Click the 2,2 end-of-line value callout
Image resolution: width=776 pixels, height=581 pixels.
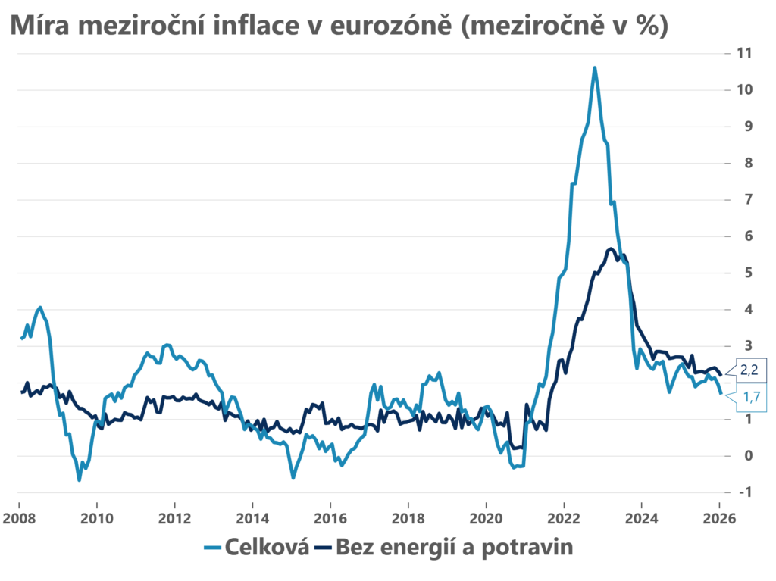tap(749, 371)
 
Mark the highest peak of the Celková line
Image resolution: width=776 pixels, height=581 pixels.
tap(595, 67)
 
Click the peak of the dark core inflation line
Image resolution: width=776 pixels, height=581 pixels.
tap(610, 248)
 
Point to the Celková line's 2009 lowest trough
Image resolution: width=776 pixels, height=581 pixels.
tap(79, 479)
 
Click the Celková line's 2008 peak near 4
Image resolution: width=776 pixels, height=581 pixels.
tap(40, 308)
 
